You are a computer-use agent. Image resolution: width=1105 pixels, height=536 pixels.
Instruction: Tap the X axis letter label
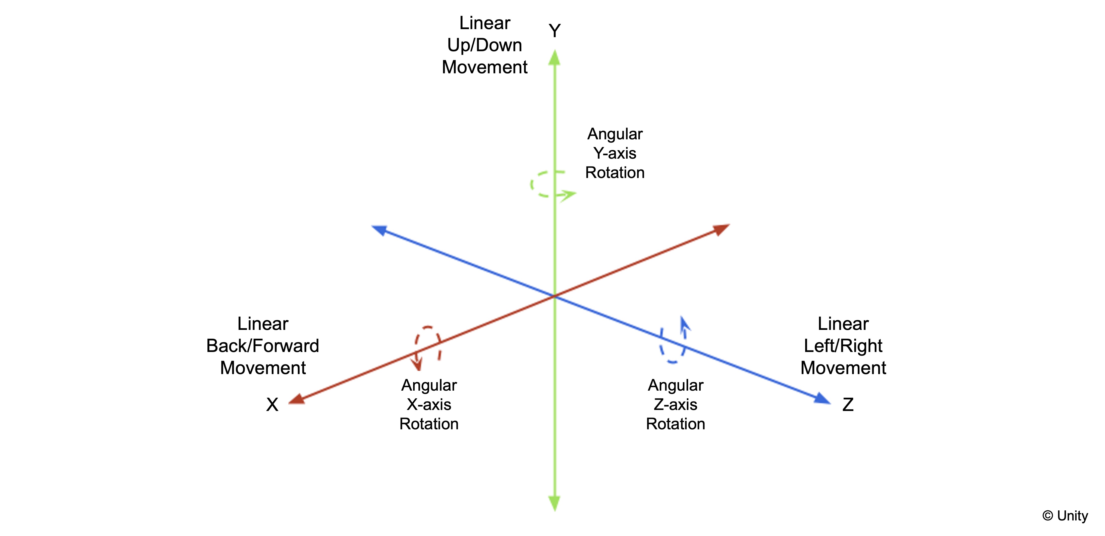point(272,404)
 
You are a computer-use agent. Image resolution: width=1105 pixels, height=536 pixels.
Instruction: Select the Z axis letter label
point(848,404)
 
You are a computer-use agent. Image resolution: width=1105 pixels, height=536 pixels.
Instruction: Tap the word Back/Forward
point(262,346)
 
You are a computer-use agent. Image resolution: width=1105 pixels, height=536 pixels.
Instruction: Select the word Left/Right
point(843,346)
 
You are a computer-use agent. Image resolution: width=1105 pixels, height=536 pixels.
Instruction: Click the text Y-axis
point(615,153)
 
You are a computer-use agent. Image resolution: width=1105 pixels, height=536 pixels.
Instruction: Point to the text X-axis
point(429,404)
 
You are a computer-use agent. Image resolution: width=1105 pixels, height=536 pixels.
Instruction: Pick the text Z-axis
point(676,404)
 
